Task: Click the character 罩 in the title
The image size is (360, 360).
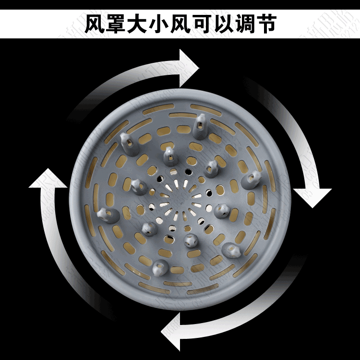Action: coord(120,24)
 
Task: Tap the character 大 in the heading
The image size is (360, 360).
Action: coord(146,24)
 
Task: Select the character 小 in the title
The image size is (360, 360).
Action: coord(172,24)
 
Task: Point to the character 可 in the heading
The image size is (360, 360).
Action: coord(225,24)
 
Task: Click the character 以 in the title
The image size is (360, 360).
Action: coord(252,24)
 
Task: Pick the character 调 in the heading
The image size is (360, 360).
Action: coord(278,24)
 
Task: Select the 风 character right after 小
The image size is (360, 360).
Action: coord(199,24)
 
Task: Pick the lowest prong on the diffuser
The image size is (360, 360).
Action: coord(158,268)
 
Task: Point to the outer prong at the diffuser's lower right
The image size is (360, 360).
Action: coord(233,249)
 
